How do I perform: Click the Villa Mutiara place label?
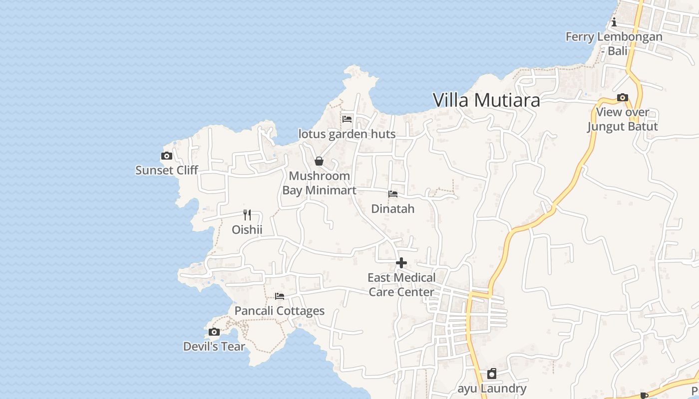click(486, 100)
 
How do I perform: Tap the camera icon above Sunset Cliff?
click(167, 156)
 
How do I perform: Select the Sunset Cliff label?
click(167, 170)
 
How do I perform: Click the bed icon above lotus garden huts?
click(347, 119)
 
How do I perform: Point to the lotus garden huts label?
click(347, 134)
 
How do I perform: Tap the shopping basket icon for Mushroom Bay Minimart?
click(319, 161)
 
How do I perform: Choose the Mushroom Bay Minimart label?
click(320, 183)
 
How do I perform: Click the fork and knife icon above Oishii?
click(247, 215)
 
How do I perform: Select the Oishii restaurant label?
click(247, 229)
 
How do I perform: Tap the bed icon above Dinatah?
click(393, 194)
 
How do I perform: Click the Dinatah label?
click(393, 208)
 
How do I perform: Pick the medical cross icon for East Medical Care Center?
click(401, 263)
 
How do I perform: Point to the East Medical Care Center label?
click(401, 284)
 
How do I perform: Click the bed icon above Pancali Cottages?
click(280, 296)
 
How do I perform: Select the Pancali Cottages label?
click(280, 311)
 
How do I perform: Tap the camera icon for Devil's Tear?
click(214, 332)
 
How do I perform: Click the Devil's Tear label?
click(214, 346)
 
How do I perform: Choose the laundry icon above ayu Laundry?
click(492, 374)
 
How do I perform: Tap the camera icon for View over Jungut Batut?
click(623, 98)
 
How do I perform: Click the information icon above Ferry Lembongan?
click(614, 22)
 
